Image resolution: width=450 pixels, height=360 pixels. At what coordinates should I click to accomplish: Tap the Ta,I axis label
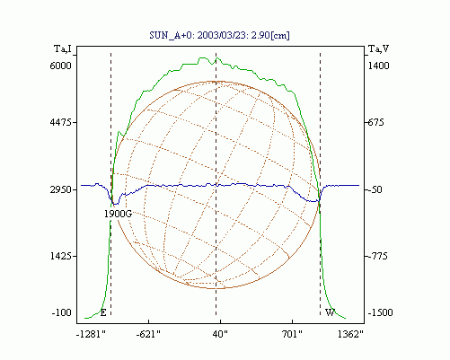(63, 48)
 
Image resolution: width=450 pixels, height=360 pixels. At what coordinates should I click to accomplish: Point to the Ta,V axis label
(378, 48)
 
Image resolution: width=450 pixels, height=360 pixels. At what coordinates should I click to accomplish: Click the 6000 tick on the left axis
(61, 66)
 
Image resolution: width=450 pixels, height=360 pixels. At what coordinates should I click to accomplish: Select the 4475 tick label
(61, 122)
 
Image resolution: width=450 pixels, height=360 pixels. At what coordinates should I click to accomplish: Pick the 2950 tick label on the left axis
(61, 189)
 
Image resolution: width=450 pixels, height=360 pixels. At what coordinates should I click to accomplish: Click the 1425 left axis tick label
(61, 256)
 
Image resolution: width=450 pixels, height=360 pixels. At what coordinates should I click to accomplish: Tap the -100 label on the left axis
(62, 312)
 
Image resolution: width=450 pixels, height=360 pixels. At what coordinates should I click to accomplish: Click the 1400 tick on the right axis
(378, 66)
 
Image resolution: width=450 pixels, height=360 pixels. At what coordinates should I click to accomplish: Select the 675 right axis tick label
(375, 122)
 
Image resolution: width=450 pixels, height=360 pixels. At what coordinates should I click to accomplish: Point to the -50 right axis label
(375, 189)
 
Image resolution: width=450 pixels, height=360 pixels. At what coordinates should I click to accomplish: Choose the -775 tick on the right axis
(377, 256)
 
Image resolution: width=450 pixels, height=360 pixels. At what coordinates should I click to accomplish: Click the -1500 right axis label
(380, 312)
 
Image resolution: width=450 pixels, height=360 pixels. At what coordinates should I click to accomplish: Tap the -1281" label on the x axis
(91, 334)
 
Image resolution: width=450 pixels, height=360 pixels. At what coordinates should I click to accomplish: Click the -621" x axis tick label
(148, 334)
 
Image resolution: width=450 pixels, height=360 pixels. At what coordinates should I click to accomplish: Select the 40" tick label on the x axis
(220, 334)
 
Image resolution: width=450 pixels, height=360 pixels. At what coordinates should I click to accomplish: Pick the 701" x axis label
(292, 334)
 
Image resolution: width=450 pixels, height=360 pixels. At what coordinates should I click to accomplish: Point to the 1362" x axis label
(350, 334)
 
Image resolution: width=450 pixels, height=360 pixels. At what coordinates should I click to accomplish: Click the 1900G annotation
(118, 214)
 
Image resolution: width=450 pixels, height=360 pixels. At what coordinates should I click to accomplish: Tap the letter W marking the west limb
(330, 312)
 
